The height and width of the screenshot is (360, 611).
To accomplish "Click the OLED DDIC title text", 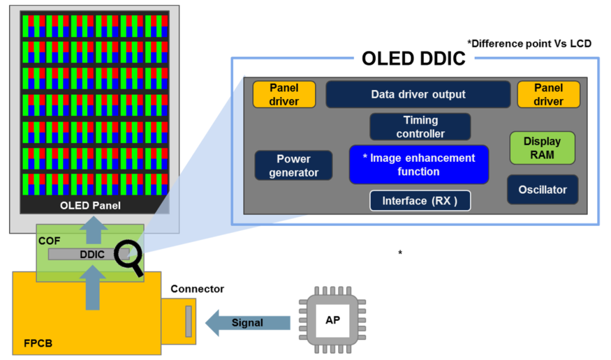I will pos(413,58).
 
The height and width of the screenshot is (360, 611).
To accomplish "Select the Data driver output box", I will pos(418,95).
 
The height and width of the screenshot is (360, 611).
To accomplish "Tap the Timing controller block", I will pos(420,127).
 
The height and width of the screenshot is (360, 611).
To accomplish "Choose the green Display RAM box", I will pos(542,148).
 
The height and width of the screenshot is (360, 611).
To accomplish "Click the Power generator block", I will pos(293,165).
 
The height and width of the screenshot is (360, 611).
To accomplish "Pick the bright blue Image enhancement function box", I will pos(419,165).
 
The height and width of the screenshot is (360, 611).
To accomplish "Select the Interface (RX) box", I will pos(420,201).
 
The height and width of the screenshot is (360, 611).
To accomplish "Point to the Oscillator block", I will pos(543,190).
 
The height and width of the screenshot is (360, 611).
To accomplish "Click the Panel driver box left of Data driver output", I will pos(284,95).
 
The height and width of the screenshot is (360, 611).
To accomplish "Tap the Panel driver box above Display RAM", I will pos(548,95).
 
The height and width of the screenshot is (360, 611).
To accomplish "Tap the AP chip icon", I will pos(333,320).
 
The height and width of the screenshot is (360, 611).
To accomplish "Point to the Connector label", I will pos(197,289).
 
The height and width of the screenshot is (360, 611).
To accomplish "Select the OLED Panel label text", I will pos(91,205).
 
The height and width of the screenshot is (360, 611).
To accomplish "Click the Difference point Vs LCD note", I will pos(530,43).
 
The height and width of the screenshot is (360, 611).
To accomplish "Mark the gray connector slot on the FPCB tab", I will pos(188,321).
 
